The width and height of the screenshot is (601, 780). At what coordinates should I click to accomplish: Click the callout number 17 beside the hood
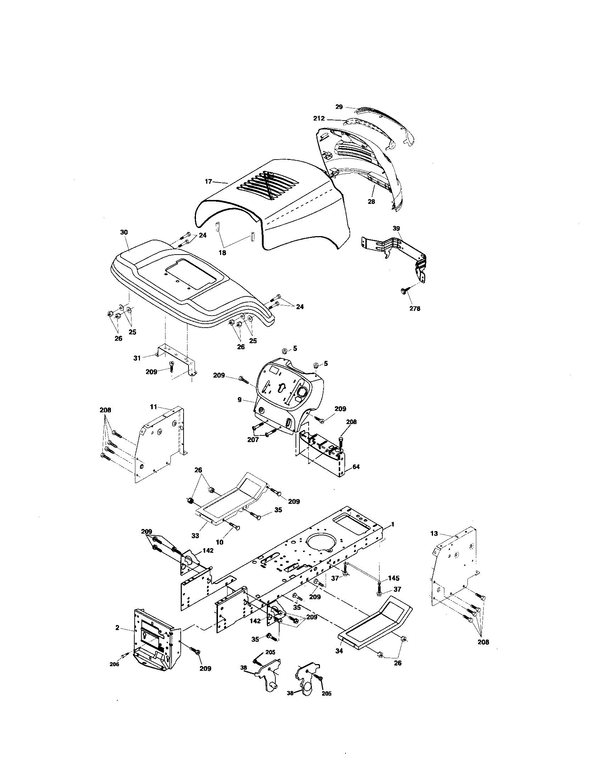click(208, 182)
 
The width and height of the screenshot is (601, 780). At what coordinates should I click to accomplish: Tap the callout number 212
click(319, 118)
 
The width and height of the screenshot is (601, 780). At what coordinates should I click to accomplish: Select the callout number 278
click(415, 308)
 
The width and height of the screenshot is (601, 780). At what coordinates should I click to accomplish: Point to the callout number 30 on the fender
click(124, 232)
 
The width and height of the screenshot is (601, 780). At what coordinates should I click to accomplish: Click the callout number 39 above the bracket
click(396, 228)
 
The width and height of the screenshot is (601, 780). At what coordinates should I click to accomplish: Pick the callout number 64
click(356, 467)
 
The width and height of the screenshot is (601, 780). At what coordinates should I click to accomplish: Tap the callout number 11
click(153, 406)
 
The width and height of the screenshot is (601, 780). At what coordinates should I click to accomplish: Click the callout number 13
click(434, 534)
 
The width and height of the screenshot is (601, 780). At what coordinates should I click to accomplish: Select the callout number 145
click(394, 578)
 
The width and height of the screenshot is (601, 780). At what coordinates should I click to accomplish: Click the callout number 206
click(114, 664)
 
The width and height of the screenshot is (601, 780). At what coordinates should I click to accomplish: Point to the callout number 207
click(253, 440)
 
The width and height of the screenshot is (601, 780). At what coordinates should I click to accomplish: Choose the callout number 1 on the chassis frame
click(393, 524)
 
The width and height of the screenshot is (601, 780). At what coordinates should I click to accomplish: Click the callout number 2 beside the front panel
click(117, 628)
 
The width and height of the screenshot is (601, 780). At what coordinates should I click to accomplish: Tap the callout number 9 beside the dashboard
click(240, 400)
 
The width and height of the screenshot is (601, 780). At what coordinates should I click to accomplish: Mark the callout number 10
click(219, 552)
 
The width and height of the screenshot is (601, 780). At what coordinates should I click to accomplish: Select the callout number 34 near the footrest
click(339, 651)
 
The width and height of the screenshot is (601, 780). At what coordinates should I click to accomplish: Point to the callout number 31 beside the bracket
click(137, 358)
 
